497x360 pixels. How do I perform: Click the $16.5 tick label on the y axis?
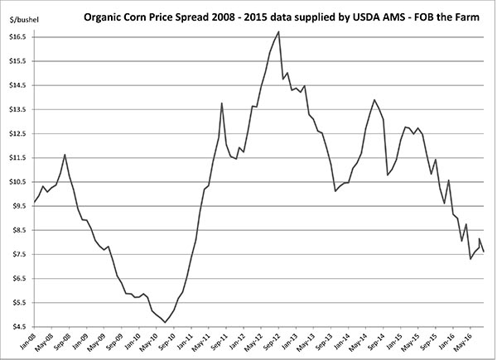click(17, 37)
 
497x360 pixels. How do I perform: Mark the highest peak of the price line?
click(278, 31)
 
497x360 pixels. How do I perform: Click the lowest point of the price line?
click(166, 322)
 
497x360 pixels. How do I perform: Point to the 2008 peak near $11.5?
click(65, 155)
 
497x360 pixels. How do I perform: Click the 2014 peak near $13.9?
click(375, 100)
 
